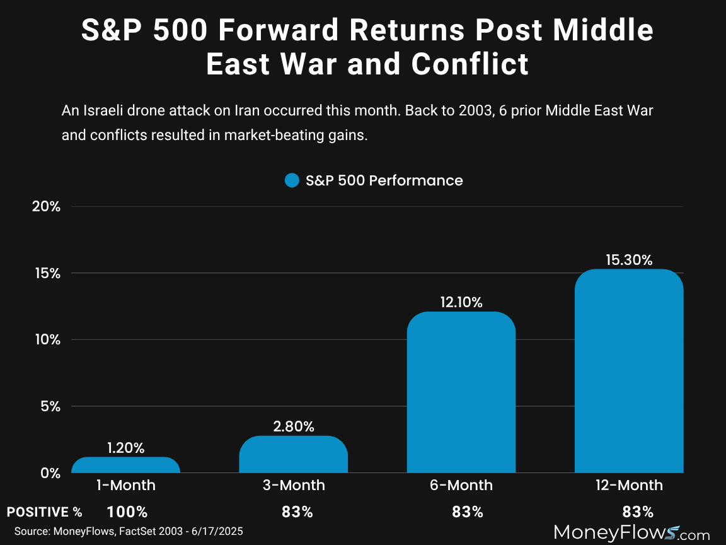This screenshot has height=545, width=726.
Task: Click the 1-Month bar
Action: (126, 466)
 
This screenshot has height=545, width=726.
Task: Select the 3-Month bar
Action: (294, 455)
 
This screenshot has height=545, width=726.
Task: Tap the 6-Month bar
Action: (461, 392)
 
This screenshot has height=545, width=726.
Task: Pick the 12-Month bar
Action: (629, 371)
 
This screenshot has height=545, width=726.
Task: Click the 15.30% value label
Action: (629, 260)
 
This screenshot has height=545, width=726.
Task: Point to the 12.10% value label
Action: (461, 302)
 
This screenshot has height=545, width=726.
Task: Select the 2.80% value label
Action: (294, 426)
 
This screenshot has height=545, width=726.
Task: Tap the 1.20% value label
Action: (126, 448)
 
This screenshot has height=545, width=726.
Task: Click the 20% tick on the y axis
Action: (46, 206)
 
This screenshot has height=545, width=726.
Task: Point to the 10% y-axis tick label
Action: (46, 339)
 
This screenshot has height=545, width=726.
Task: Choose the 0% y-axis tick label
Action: (50, 472)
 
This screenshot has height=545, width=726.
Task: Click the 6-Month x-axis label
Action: (461, 485)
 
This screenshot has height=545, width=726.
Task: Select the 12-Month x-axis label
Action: (629, 485)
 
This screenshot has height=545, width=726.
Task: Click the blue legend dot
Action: (292, 181)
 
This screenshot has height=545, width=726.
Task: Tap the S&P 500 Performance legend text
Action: (384, 181)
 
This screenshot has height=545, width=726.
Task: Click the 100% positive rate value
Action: (127, 512)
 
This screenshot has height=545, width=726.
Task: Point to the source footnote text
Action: (129, 532)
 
